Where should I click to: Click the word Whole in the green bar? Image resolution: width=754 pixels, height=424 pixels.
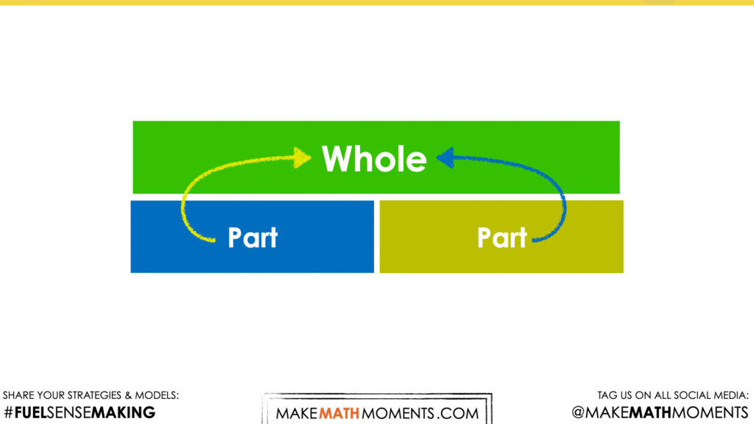click(374, 159)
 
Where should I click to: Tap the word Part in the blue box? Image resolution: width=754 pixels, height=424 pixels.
click(253, 237)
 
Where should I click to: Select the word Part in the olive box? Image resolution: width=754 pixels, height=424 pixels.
click(502, 237)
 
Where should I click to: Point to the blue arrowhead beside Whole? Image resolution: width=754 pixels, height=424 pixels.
click(445, 158)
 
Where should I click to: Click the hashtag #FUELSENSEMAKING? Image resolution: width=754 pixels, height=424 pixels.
click(80, 412)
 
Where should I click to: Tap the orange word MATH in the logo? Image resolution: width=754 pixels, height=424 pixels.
click(339, 414)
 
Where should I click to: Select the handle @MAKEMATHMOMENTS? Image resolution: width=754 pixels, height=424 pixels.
click(660, 412)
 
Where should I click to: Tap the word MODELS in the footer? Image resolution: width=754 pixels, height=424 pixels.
click(156, 395)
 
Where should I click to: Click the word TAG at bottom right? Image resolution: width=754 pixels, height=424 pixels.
click(607, 395)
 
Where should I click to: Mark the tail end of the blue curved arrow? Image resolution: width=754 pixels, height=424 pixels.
click(535, 240)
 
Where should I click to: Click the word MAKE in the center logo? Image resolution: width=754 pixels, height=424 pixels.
click(297, 414)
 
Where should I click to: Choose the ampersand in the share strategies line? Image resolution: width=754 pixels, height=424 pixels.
click(128, 395)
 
